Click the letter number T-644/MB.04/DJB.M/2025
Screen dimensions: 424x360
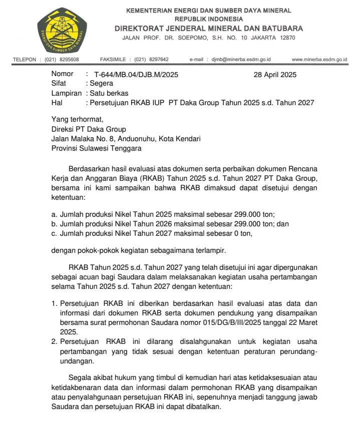(x=132, y=75)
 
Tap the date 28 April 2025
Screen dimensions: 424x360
(x=275, y=75)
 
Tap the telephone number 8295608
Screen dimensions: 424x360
(x=69, y=59)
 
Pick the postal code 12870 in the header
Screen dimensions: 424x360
(x=286, y=38)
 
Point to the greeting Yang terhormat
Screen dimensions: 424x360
(x=77, y=119)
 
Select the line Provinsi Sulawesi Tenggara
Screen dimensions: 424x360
(x=97, y=148)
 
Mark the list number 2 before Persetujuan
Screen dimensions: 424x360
(x=55, y=341)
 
